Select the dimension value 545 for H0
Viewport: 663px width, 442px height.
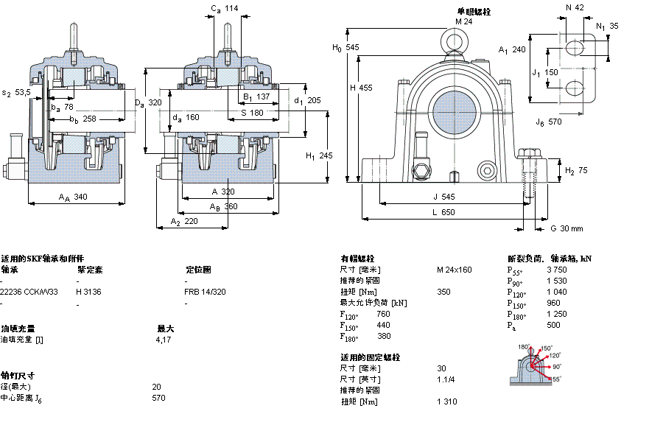(x=352, y=47)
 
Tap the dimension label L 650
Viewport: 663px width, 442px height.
(x=443, y=212)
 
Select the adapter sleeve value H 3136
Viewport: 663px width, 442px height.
(x=90, y=292)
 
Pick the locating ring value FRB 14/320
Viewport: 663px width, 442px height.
(x=205, y=292)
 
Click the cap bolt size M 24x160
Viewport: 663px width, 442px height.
(x=454, y=270)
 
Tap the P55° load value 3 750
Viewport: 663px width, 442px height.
(x=557, y=270)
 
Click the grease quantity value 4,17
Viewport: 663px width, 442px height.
(x=163, y=340)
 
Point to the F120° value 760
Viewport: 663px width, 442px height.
(x=383, y=314)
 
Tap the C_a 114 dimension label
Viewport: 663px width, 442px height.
(x=225, y=9)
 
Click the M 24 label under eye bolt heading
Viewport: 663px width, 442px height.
(x=463, y=21)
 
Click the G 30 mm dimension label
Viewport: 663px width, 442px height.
(x=566, y=228)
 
